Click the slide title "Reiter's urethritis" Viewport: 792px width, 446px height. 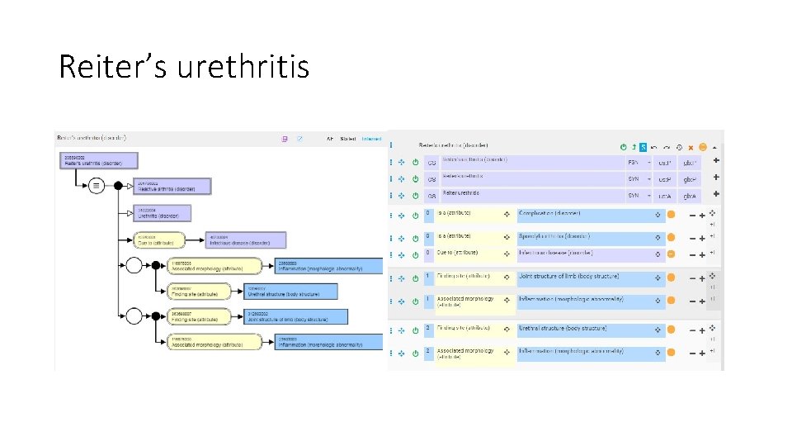point(183,65)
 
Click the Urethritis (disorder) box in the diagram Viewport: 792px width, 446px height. point(162,213)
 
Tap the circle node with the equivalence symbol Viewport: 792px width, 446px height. point(97,186)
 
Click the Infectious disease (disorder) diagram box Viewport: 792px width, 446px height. point(246,240)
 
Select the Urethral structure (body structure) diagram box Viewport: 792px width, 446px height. point(291,292)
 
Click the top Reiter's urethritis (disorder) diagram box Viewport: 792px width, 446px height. point(98,161)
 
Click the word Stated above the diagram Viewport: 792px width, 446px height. point(349,139)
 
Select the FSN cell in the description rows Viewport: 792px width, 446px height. point(633,162)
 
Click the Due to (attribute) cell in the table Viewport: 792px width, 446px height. point(466,254)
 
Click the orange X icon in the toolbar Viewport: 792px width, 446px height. point(691,147)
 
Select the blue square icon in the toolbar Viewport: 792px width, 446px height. point(643,147)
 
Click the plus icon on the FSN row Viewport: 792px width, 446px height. point(715,160)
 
